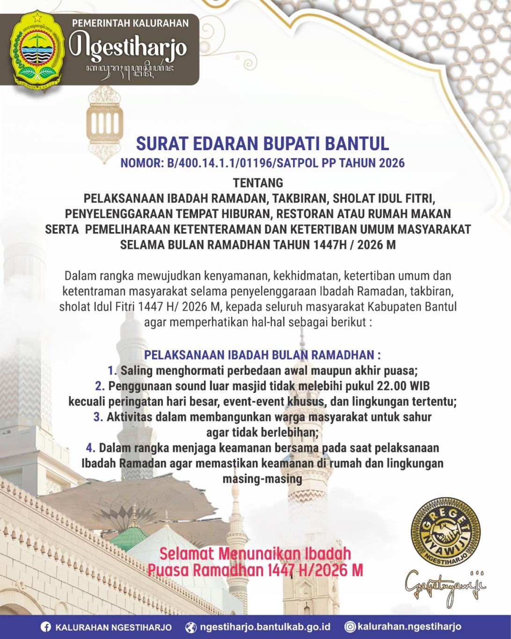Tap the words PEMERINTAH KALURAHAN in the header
coord(131,23)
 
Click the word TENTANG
coord(258,182)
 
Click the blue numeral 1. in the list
coord(112,371)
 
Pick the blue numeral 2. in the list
coord(99,386)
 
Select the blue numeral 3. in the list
coord(98,417)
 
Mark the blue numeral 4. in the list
coord(91,448)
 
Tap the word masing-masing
coord(262,479)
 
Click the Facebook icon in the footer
coord(46,627)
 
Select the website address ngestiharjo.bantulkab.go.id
coord(265,627)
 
